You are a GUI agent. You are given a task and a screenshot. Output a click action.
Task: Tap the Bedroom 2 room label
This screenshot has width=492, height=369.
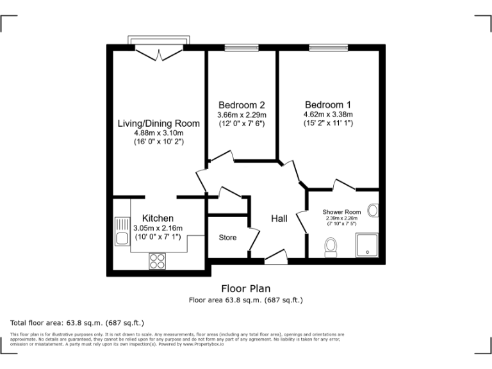[242, 105]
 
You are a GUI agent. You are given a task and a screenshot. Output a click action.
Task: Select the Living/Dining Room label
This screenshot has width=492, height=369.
[158, 123]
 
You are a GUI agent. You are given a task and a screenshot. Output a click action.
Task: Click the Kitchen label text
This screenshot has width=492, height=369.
[158, 218]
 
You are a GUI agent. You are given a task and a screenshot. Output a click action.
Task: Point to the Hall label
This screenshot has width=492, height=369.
[279, 218]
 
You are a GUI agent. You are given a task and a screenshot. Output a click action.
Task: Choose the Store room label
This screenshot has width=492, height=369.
[227, 238]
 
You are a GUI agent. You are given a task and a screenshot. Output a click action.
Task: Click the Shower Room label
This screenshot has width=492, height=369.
[341, 212]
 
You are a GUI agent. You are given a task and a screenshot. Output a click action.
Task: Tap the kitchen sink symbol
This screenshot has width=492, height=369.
[122, 233]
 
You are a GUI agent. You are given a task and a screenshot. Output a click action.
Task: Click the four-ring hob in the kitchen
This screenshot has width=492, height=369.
[158, 260]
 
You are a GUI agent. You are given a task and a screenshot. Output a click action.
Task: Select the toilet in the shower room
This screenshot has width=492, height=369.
[331, 247]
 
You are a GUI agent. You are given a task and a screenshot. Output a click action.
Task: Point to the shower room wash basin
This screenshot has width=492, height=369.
[374, 211]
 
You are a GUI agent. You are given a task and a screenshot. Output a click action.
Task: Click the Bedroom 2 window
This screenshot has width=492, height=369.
[242, 47]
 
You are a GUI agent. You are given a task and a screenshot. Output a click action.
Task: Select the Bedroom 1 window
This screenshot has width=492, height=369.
[327, 47]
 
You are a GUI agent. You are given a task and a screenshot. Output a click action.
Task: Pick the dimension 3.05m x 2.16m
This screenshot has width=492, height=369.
[158, 228]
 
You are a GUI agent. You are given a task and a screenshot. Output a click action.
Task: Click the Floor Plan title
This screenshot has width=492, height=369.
[246, 289]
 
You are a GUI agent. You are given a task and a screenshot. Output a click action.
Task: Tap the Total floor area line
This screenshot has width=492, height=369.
[78, 322]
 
